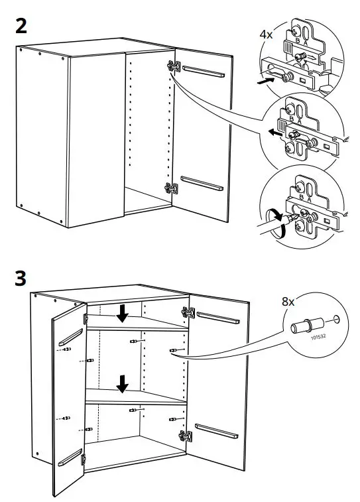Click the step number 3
pos(21,278)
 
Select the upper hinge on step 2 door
pos(174,66)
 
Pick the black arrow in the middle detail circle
pos(274,131)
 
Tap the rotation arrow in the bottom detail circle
pos(276,221)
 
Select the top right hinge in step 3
pos(185,311)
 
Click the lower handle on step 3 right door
pos(217,431)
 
